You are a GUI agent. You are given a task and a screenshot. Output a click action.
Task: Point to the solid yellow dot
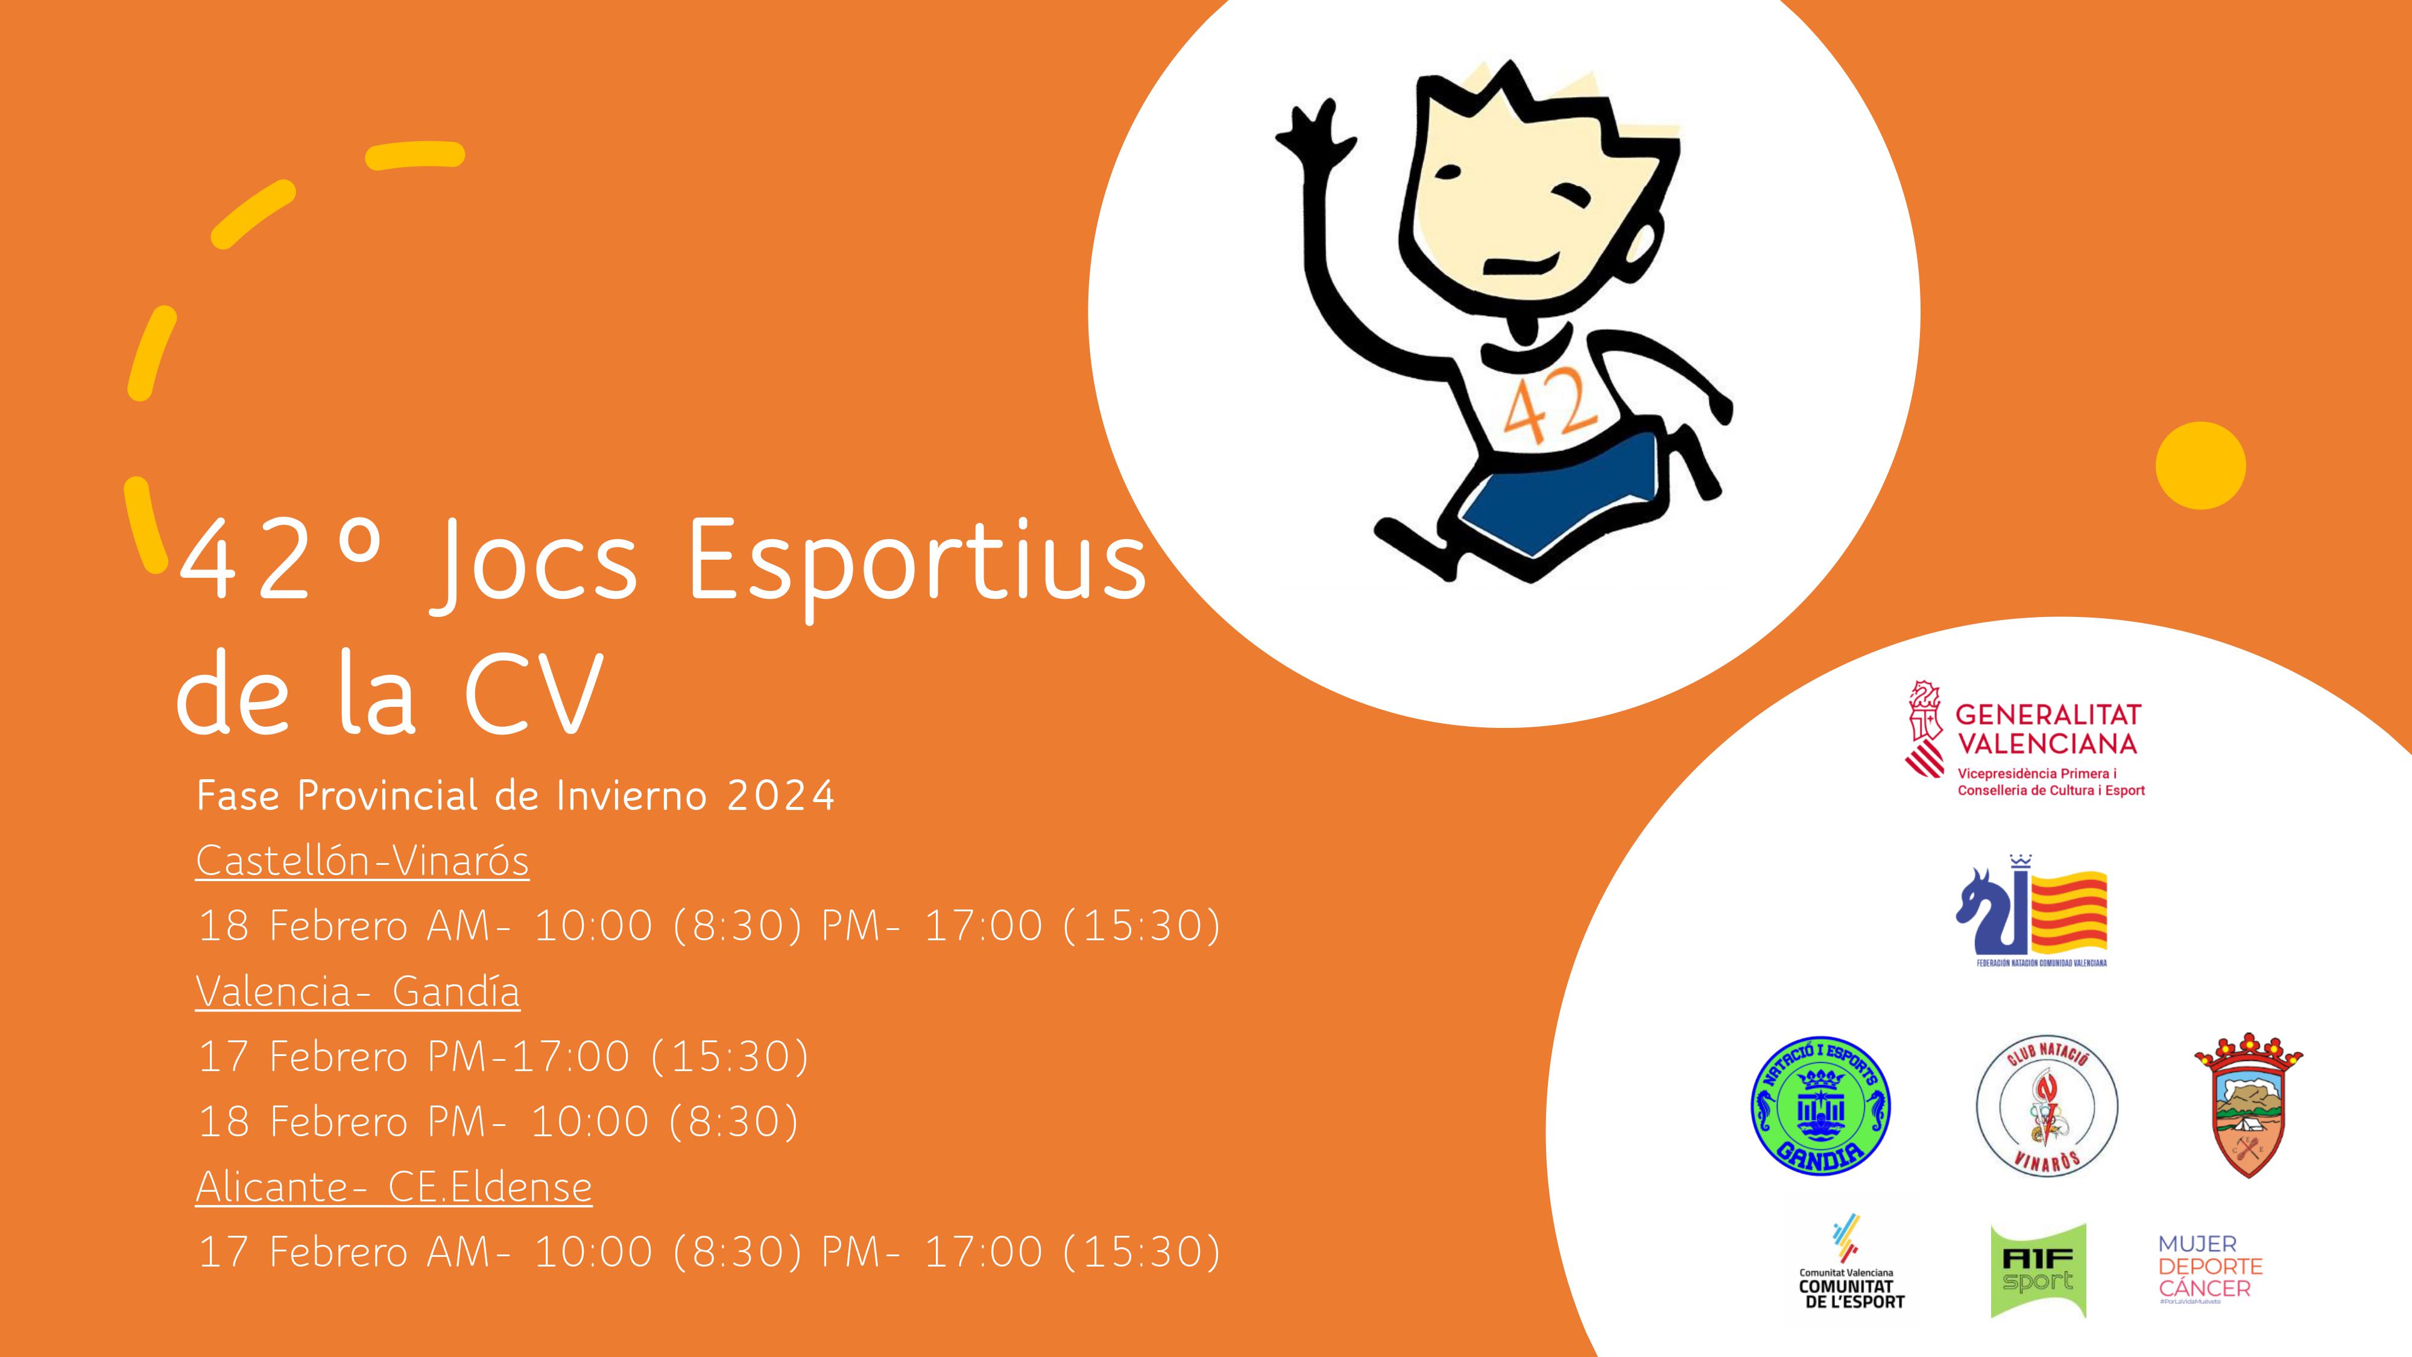(x=2200, y=466)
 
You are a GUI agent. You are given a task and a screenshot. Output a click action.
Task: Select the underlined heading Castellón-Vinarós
(x=362, y=861)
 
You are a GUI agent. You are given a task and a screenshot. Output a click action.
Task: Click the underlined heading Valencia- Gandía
(x=358, y=991)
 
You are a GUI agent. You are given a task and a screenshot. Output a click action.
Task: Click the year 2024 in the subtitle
(x=780, y=796)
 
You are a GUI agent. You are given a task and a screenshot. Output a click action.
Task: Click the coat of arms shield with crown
(x=2248, y=1104)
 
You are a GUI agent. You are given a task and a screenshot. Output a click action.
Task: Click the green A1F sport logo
(x=2038, y=1270)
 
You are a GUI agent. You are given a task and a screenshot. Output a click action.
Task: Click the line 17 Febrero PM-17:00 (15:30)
(x=504, y=1057)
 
